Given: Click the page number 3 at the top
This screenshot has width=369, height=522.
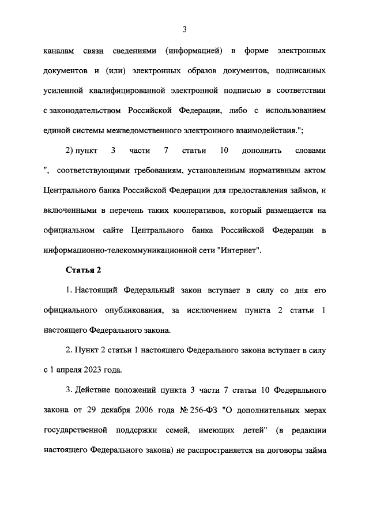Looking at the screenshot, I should (x=184, y=29).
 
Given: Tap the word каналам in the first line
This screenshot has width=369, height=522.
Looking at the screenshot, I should (x=59, y=51).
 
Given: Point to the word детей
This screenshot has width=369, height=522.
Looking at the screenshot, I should (x=245, y=430).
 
